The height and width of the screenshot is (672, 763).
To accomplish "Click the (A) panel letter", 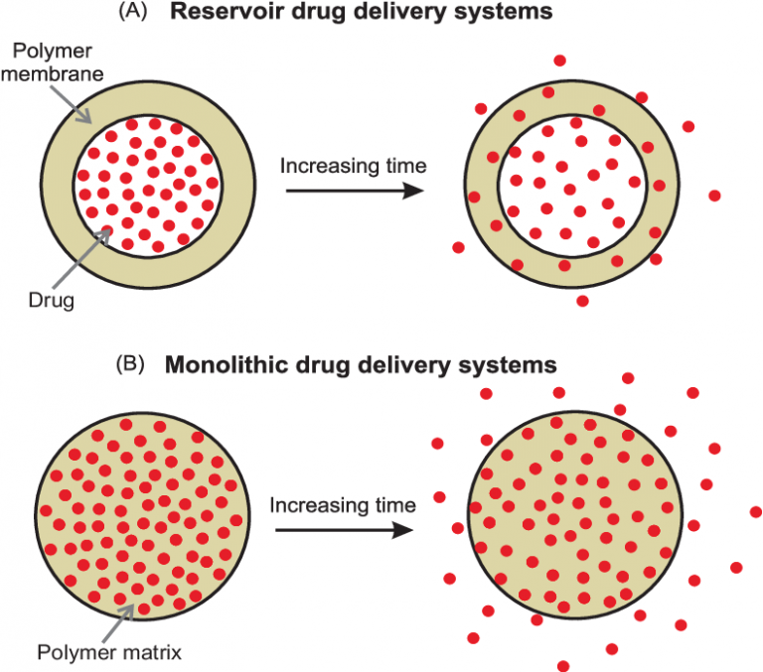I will (131, 14).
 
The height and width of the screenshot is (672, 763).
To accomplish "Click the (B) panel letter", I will (131, 363).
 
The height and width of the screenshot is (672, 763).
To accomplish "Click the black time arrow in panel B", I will (343, 530).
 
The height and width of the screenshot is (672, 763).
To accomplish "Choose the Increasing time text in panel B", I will (343, 504).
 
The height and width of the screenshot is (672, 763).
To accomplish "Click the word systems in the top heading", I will (485, 14).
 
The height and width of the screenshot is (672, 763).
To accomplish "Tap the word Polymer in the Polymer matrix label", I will (68, 652).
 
